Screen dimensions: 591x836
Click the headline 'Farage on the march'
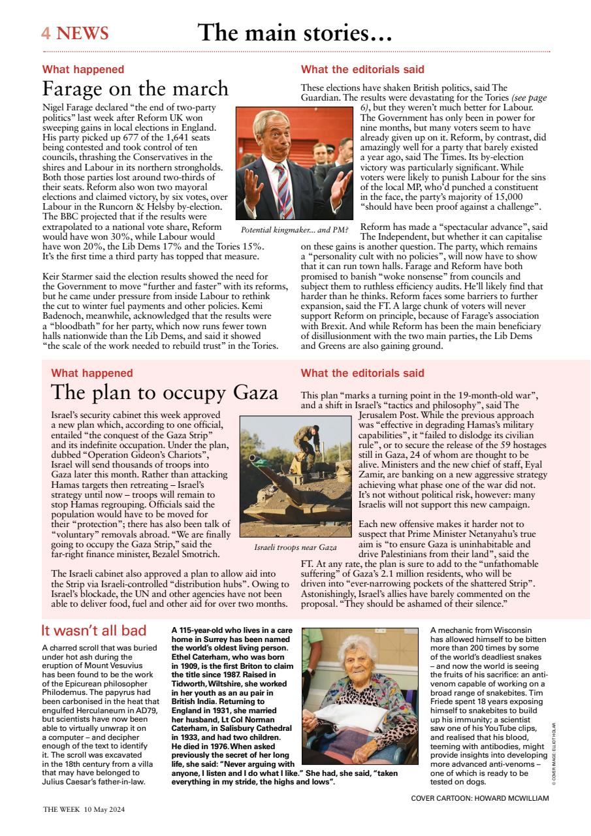135,88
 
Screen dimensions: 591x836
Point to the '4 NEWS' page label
74,33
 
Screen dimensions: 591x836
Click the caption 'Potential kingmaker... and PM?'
295,230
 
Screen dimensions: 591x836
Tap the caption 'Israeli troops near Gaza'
295,547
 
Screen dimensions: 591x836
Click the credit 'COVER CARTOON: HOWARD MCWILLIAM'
480,798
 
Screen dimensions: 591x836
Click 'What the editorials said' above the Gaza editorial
362,374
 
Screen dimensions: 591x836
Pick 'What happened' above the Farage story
83,69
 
